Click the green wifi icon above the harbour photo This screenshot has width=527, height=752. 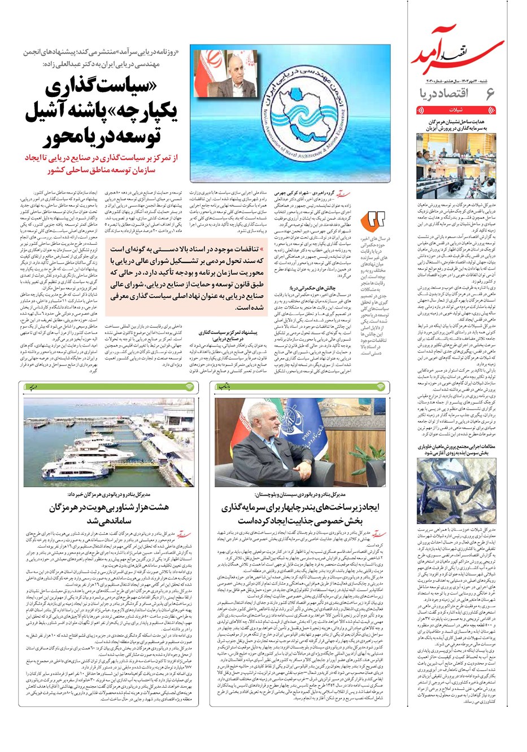190,387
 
